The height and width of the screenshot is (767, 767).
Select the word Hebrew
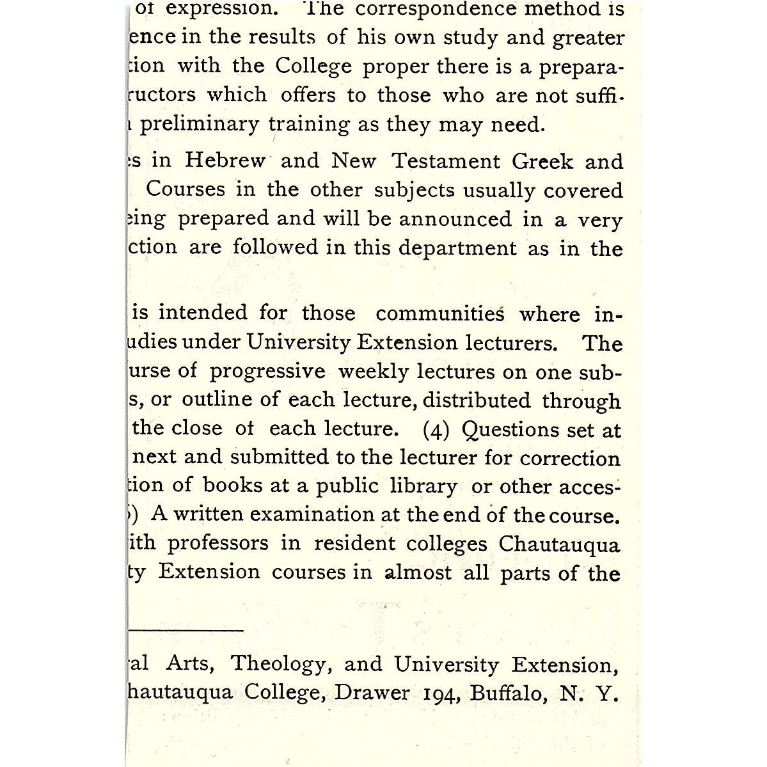pos(225,160)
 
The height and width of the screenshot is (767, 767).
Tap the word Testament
pos(445,161)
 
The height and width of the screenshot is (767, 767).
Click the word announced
pos(455,219)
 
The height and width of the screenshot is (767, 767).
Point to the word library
pos(423,487)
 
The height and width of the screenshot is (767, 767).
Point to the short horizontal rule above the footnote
pos(186,630)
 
